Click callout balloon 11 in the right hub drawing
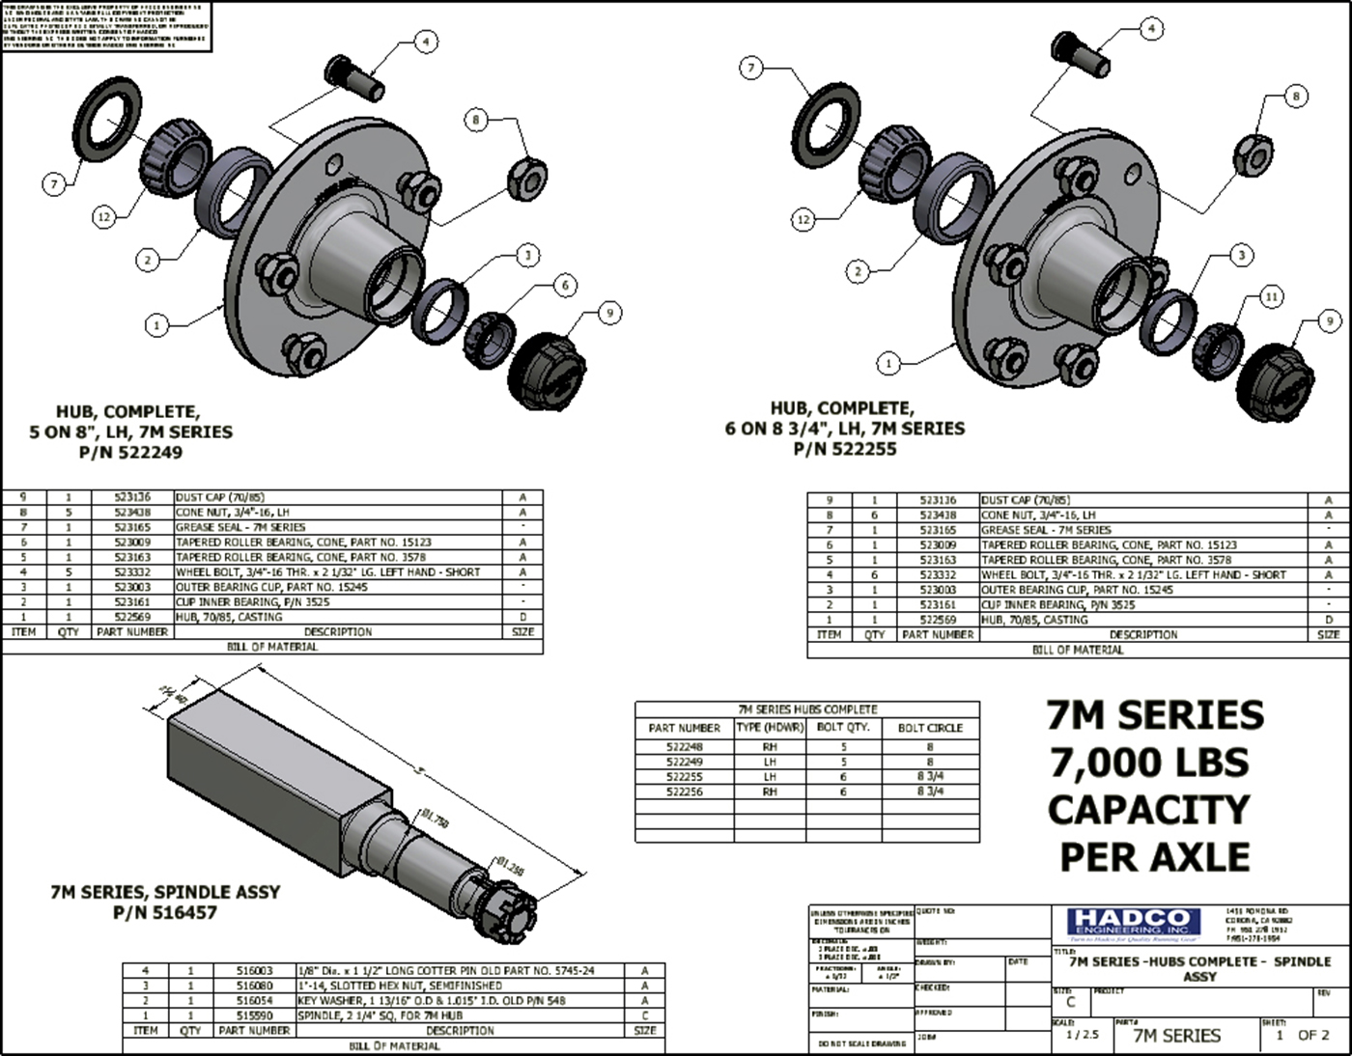(1272, 296)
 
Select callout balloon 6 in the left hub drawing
(565, 285)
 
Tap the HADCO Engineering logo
(1134, 923)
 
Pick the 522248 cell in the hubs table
(684, 747)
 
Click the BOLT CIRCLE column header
(930, 728)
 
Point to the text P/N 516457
(165, 912)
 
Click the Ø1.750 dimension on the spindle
(435, 819)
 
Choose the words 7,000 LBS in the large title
(1148, 763)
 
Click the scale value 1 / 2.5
(1081, 1034)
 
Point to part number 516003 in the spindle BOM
(255, 971)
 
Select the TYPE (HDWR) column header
(770, 728)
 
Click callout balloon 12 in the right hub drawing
(803, 220)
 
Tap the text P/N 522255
(844, 449)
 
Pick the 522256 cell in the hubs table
(684, 792)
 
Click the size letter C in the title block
(1069, 1002)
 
